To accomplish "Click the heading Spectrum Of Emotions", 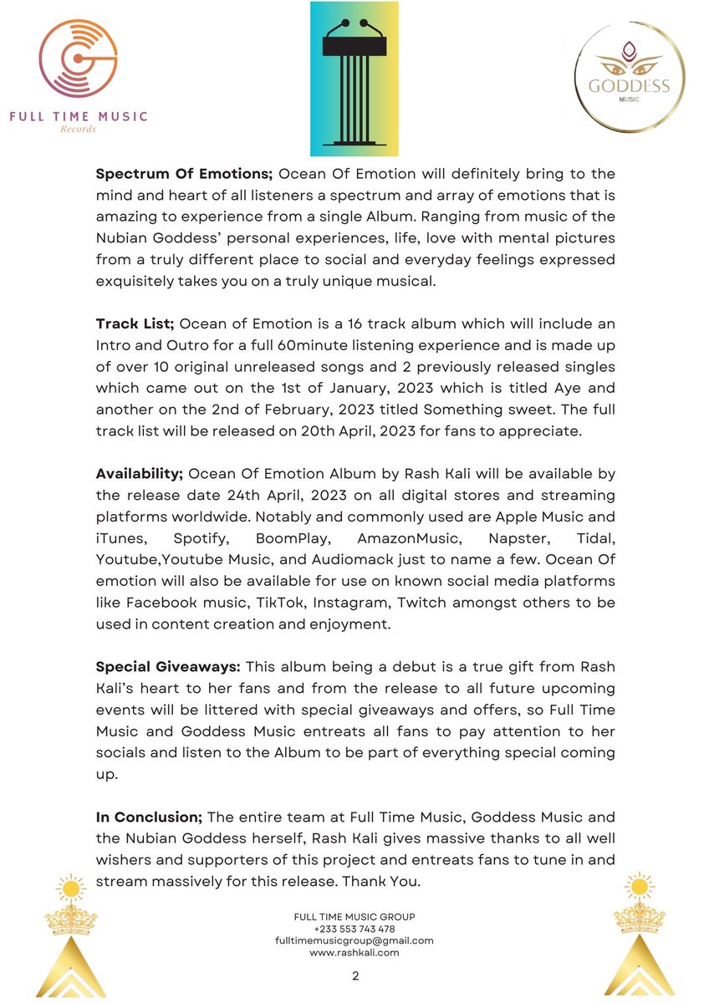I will tap(184, 174).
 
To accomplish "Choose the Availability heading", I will tap(139, 474).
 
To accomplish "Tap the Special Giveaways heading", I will tap(167, 667).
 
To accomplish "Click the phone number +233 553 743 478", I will tap(354, 929).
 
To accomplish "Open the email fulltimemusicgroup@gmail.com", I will tap(354, 940).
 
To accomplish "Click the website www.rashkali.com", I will tap(354, 952).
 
